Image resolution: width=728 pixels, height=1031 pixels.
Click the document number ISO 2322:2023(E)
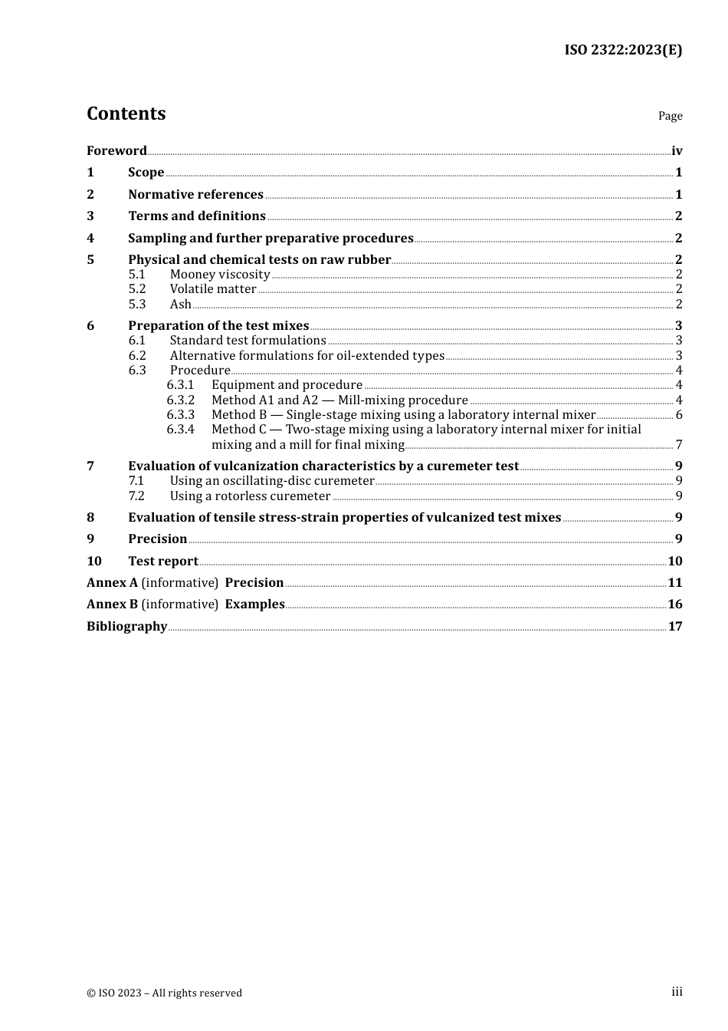pos(623,50)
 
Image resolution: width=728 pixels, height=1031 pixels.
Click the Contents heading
pos(126,114)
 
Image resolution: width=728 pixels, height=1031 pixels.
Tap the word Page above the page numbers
pos(670,116)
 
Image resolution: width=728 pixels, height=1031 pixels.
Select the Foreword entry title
pos(116,151)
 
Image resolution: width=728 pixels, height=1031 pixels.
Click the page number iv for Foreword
pos(677,151)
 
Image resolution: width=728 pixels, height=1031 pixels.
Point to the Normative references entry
pos(195,195)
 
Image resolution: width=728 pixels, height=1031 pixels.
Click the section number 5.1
pos(136,275)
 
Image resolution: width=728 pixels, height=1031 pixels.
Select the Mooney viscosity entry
pos(220,275)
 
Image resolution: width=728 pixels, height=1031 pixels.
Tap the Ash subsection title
pos(180,305)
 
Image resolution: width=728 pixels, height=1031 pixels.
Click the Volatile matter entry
pos(213,289)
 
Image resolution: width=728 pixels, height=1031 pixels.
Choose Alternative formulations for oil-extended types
pos(307,356)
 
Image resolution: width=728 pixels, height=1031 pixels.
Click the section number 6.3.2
pos(181,400)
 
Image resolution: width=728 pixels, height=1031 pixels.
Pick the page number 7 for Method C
pos(679,445)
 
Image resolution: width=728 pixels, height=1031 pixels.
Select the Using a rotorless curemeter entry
pos(250,496)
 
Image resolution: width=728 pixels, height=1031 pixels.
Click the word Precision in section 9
pos(157,539)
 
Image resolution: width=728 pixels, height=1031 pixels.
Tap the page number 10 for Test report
pos(675,562)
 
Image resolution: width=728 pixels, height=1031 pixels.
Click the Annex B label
pos(112,604)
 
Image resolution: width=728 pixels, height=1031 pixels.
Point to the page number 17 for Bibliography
pos(675,627)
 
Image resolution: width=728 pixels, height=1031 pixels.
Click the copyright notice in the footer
pos(164,993)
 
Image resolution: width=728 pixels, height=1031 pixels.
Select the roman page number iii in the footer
pos(677,992)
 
